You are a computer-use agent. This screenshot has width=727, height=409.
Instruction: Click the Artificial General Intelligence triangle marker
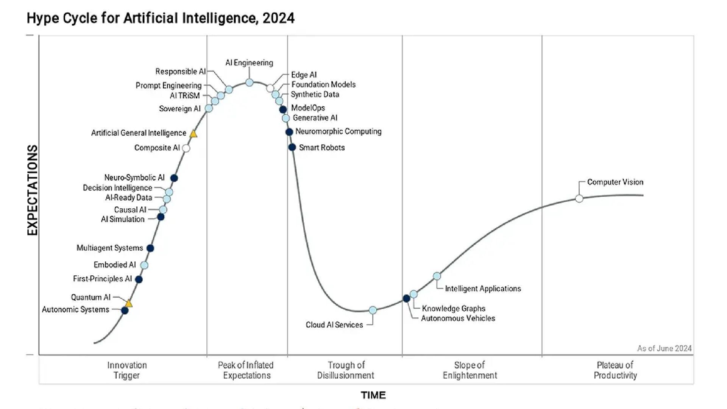pos(193,134)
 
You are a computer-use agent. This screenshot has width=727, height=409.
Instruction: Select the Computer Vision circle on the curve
pos(579,198)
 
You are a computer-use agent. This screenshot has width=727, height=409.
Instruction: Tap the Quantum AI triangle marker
pos(129,304)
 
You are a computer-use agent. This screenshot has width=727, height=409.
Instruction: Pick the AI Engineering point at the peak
pos(249,83)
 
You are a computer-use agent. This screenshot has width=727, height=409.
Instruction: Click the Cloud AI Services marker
pos(373,310)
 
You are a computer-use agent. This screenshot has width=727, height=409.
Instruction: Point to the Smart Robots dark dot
pos(292,147)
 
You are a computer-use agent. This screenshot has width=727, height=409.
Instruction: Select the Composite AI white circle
pos(186,148)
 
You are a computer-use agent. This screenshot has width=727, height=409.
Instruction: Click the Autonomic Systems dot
pos(125,311)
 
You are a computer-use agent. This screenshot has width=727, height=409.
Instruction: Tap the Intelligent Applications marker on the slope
pos(437,276)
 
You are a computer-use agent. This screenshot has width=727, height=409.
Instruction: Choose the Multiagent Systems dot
pos(150,248)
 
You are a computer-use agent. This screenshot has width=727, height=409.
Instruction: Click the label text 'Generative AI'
pos(315,118)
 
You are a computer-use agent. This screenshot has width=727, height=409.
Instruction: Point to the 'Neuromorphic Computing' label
pos(338,131)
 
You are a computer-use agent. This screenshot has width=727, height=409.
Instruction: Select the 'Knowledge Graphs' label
pos(454,308)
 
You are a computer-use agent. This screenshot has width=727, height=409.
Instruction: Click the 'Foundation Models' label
pos(323,84)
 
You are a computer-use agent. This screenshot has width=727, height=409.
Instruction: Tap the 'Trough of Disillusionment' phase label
pos(346,370)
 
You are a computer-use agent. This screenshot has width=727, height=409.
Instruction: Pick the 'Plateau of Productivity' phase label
pos(615,370)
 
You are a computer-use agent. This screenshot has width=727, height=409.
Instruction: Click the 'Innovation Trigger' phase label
pos(127,370)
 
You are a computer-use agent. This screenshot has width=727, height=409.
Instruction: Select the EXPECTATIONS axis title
pos(33,190)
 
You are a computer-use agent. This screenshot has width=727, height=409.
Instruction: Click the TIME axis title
pos(373,395)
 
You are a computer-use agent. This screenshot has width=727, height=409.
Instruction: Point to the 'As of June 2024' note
pos(664,348)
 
